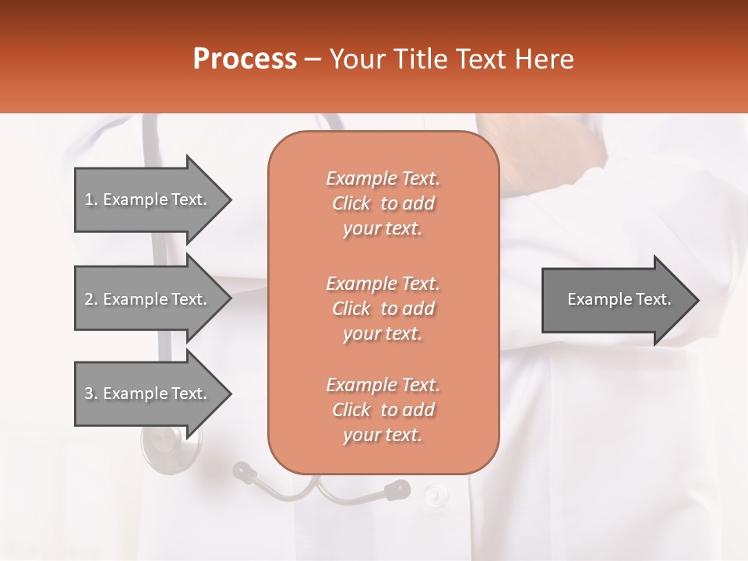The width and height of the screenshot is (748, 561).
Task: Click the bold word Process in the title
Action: [x=245, y=59]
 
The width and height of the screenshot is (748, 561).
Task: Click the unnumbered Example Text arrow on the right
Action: [x=619, y=299]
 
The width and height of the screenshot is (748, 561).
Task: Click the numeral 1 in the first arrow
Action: [x=88, y=199]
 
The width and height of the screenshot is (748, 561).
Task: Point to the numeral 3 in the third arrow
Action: [x=89, y=393]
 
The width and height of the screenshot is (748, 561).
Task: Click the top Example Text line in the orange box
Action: [x=383, y=178]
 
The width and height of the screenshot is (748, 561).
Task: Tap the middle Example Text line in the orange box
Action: [x=383, y=283]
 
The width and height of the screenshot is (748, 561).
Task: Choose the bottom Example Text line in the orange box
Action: [x=383, y=385]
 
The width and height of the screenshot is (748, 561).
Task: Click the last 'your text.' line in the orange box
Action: [x=383, y=436]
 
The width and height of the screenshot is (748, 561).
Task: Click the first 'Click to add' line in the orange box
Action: [x=383, y=203]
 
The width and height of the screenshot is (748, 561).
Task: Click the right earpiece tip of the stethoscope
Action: [x=398, y=489]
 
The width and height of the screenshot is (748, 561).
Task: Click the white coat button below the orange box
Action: [x=436, y=493]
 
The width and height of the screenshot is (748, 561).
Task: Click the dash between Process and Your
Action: [x=313, y=59]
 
